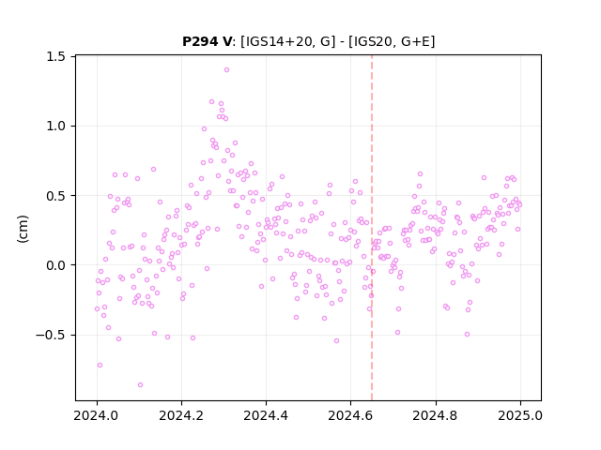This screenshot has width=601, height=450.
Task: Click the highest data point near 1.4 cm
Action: pos(226,69)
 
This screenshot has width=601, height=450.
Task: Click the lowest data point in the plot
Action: pos(140,384)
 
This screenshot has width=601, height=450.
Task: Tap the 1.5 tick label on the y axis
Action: pos(56,56)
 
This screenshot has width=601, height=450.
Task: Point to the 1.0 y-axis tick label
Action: pos(56,126)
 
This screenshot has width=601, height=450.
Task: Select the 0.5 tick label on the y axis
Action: pos(56,196)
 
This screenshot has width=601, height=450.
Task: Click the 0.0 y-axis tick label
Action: pos(56,265)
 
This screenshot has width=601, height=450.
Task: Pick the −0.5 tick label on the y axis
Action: pos(51,335)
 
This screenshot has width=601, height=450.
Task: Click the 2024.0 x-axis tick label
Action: pos(97,415)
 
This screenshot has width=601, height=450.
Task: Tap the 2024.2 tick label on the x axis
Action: pos(181,415)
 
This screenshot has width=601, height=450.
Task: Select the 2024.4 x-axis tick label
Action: pos(266,415)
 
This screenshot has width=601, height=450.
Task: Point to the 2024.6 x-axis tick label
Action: pos(350,415)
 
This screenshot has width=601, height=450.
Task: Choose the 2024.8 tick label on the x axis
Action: pos(436,415)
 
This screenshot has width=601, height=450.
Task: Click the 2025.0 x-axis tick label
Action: pos(520,415)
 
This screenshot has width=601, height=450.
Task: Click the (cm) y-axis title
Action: pos(23,229)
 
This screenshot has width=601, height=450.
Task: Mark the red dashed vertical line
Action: pos(372,228)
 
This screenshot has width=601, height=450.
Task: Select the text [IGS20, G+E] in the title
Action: pos(392,41)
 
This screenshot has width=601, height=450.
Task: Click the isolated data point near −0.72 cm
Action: pos(100,365)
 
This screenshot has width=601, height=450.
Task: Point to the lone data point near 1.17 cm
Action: pos(211,102)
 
